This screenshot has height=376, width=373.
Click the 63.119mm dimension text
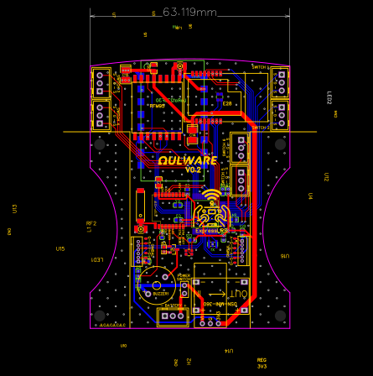click(189, 12)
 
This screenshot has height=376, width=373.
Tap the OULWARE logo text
click(187, 159)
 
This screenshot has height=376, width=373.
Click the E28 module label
click(226, 103)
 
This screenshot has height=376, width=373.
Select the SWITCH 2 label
click(260, 127)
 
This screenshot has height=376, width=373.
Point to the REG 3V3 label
click(262, 363)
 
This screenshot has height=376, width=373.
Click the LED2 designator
click(329, 98)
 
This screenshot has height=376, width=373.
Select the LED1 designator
click(97, 259)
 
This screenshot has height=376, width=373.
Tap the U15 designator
click(60, 248)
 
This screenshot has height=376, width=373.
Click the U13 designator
click(14, 208)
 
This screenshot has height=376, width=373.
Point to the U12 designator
click(326, 177)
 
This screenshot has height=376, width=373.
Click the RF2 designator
click(91, 223)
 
